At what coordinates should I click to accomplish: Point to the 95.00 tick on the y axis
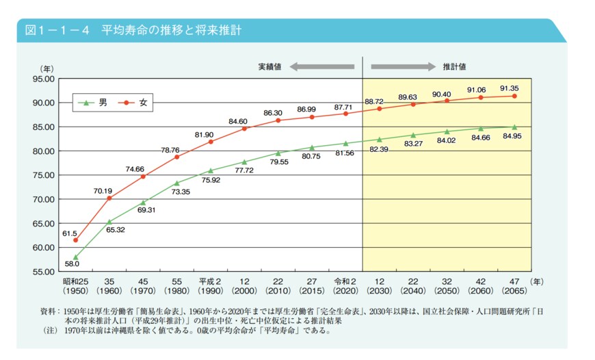(42, 79)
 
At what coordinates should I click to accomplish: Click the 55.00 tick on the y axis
(42, 272)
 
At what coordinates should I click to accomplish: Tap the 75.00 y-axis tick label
(42, 175)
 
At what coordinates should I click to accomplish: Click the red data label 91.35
(513, 88)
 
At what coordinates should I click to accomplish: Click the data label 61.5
(71, 233)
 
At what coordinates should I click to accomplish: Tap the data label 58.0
(72, 263)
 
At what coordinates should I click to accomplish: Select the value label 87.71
(343, 107)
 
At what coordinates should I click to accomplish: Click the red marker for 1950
(75, 240)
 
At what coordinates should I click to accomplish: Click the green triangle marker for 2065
(514, 127)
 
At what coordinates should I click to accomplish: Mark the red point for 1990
(211, 142)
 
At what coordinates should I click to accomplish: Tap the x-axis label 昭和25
(75, 281)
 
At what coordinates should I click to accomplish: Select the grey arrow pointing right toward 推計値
(403, 67)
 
